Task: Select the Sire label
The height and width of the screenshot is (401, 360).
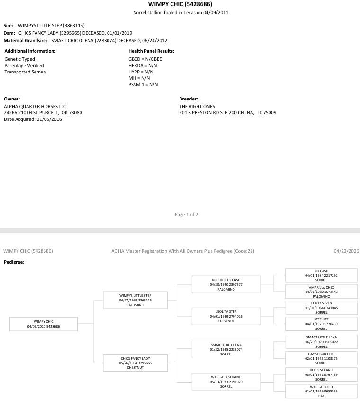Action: tap(9, 25)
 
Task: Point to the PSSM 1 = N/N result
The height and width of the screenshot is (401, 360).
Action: tap(143, 84)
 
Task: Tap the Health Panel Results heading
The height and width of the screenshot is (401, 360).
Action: tap(151, 51)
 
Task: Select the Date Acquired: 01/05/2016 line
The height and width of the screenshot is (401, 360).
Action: tap(33, 119)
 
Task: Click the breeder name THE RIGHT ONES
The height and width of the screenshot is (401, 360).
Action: tap(197, 106)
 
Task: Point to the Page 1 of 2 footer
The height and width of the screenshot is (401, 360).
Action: tap(186, 215)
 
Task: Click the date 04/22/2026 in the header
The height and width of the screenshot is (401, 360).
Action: tap(346, 251)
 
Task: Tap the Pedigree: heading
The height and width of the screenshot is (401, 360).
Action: tap(14, 261)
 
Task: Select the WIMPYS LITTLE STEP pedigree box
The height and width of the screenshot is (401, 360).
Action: tap(135, 300)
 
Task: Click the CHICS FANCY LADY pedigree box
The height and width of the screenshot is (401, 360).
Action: tap(135, 363)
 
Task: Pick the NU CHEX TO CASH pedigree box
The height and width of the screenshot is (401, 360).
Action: tap(226, 284)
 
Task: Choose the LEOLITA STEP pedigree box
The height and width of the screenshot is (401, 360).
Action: tap(226, 316)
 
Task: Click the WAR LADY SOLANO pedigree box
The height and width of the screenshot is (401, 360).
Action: tap(226, 381)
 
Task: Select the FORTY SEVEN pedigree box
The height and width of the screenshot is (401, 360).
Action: tap(321, 308)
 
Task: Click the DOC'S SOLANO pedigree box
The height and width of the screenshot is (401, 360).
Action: tap(321, 374)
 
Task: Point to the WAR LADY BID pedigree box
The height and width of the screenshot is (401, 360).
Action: tap(321, 391)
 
